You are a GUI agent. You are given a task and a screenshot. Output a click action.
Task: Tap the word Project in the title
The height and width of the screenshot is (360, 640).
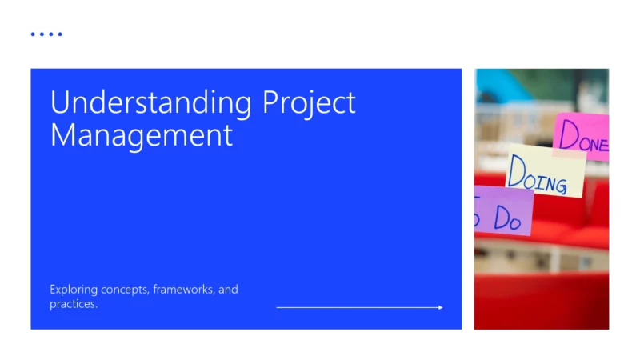[x=309, y=104]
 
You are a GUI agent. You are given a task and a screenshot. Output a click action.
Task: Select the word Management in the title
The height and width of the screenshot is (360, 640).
[x=142, y=134]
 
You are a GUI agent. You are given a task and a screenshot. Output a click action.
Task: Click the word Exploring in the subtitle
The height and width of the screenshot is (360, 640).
[x=74, y=289]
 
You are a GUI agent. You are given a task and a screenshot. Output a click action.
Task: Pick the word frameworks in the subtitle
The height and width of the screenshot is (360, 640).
[x=182, y=290]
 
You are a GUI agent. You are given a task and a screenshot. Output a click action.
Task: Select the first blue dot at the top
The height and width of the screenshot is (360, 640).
[x=33, y=34]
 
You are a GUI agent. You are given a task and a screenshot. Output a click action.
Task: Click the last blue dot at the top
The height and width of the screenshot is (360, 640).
[x=60, y=34]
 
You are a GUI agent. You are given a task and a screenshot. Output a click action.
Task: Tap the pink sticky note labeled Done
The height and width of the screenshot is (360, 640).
[x=581, y=136]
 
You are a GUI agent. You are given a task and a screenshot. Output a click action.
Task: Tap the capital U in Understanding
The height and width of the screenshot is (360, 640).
[x=58, y=104]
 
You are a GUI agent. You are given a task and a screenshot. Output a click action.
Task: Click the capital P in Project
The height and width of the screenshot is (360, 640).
[x=271, y=104]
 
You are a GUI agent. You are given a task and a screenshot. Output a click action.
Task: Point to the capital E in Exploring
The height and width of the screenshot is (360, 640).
[x=53, y=289]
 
